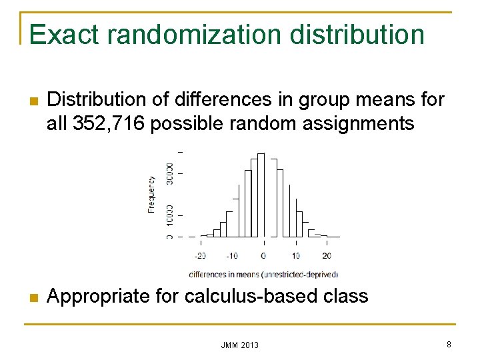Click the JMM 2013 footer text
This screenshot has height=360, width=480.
coord(240,345)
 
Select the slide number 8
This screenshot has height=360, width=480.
coord(449,344)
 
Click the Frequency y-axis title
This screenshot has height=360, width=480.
coord(151,194)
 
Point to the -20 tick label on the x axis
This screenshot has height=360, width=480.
coord(199,256)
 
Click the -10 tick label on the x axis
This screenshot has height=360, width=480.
coord(231,256)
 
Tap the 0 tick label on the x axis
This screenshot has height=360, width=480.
coord(263,256)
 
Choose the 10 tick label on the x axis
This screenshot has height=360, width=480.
coord(295,256)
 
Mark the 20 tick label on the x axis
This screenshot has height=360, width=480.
coord(327,256)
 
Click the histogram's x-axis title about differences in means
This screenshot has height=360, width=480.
coord(263,274)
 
